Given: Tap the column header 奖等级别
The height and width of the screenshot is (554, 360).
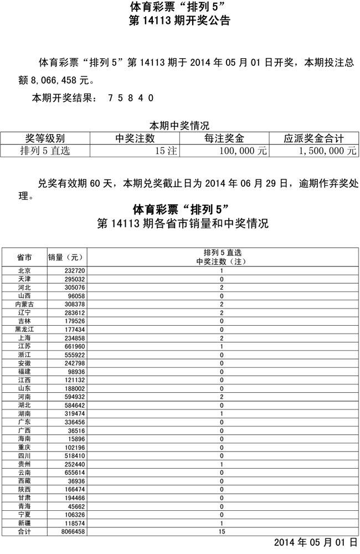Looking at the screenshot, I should (x=45, y=138).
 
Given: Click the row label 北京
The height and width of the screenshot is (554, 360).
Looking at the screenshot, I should (x=24, y=271).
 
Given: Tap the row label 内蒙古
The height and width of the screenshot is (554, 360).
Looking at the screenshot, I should (x=24, y=304).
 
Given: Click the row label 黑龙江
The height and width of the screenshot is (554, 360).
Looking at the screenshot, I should (x=24, y=329).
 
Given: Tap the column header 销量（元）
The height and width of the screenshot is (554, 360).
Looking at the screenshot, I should (x=65, y=257).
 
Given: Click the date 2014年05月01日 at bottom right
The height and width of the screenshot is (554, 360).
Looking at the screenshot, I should (x=316, y=542).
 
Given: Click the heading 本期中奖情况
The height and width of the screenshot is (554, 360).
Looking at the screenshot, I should (x=179, y=126).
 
